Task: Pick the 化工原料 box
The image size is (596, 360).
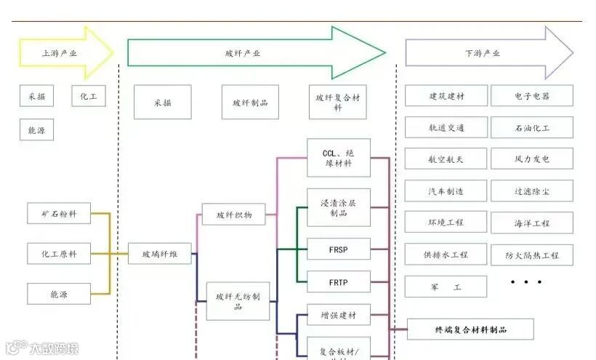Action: (59, 254)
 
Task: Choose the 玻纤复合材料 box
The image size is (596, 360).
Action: (338, 103)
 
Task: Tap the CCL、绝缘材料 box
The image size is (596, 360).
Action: (339, 159)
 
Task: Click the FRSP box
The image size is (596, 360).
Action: (339, 249)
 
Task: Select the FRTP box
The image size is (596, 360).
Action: (339, 281)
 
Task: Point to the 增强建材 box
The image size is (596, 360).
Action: (339, 315)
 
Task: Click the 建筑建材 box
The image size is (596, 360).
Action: (446, 96)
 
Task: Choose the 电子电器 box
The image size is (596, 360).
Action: (532, 96)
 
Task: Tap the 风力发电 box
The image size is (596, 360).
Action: (532, 159)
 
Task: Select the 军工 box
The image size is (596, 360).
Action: (446, 287)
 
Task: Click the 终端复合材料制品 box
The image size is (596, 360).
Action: (470, 329)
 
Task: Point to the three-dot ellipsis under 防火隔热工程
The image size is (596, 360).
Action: (526, 281)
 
